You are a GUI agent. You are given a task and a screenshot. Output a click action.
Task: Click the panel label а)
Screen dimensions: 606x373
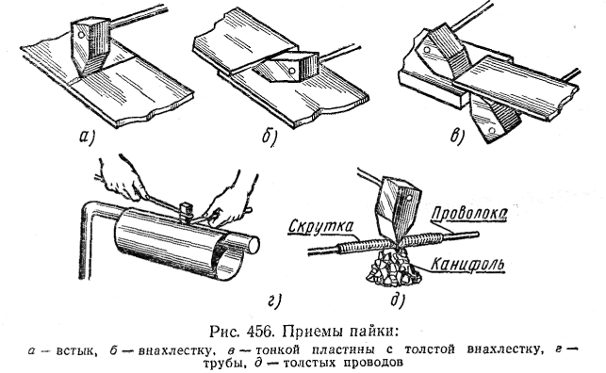click(x=87, y=138)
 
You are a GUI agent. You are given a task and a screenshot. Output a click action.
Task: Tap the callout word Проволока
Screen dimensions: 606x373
click(x=468, y=214)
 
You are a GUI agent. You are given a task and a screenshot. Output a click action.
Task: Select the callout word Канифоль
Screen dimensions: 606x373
click(x=467, y=265)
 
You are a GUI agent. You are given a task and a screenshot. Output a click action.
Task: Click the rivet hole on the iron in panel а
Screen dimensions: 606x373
click(x=81, y=34)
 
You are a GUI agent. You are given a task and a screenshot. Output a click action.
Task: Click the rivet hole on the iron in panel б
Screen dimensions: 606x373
click(x=292, y=71)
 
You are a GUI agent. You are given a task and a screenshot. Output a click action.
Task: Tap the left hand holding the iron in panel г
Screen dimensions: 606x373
click(x=120, y=179)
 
